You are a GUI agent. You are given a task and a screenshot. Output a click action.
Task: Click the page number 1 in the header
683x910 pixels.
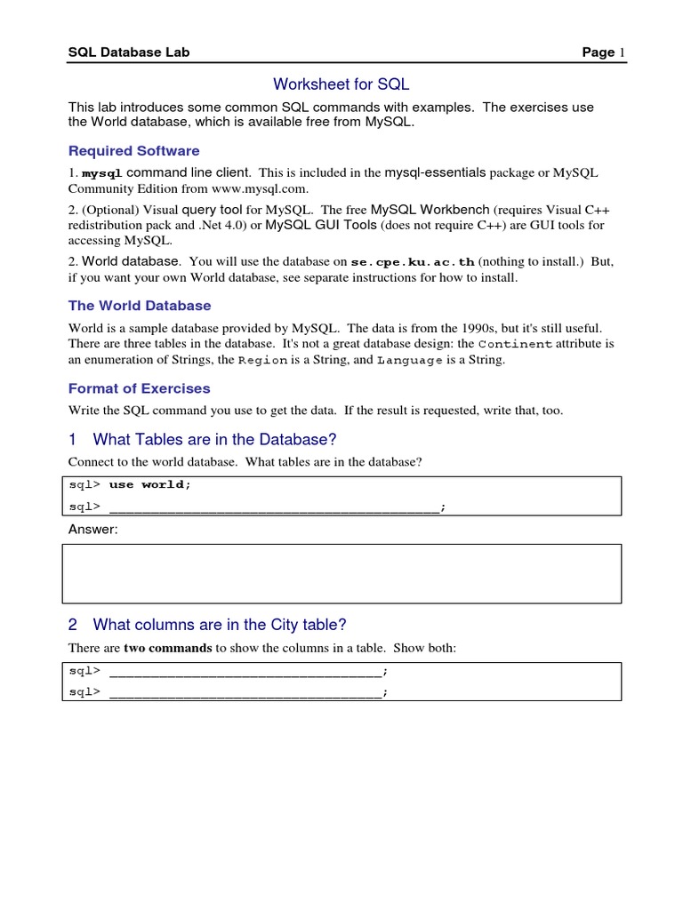coord(623,52)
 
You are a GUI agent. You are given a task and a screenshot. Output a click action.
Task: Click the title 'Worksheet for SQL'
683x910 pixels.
coord(341,84)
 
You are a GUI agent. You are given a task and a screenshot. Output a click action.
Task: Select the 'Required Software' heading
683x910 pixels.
coord(134,151)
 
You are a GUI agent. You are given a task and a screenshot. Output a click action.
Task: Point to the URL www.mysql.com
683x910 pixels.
coord(258,188)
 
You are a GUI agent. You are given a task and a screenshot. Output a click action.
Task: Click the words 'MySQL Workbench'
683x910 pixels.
coord(430,210)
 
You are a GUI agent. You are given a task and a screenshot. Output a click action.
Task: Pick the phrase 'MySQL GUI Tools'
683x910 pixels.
coord(321,225)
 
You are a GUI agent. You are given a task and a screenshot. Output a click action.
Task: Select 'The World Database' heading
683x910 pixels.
coord(140,306)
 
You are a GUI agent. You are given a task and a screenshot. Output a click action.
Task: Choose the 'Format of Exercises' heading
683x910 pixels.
coord(140,388)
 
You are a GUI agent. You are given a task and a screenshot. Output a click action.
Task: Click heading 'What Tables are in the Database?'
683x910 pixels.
coord(214,439)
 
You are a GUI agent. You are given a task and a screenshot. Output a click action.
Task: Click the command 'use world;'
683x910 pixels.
coord(149,484)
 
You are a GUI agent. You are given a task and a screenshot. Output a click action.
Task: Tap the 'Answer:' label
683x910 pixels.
coord(92,530)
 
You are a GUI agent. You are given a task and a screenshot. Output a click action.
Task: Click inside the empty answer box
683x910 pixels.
coord(341,574)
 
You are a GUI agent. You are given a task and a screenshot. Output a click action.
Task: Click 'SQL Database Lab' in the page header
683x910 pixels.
coord(129,52)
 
